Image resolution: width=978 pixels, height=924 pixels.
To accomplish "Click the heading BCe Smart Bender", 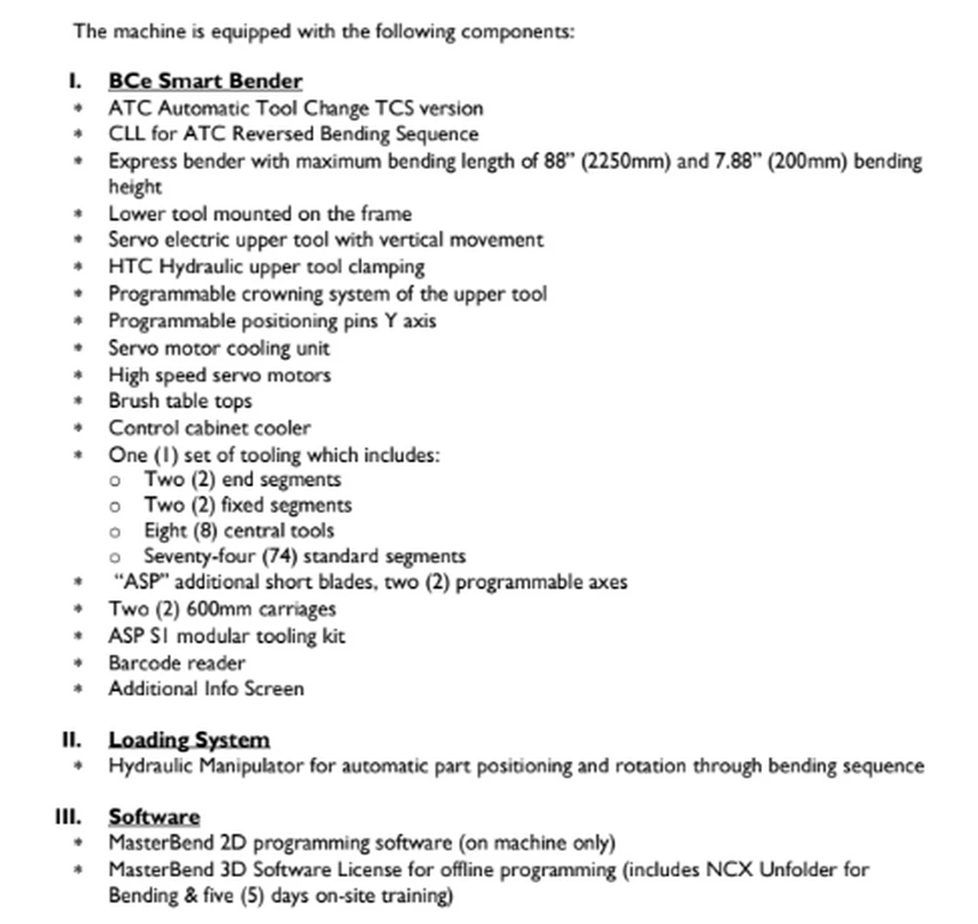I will point(205,81).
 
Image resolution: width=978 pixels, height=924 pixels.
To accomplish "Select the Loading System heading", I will point(188,740).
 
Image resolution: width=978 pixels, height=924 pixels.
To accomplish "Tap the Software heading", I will point(154,816).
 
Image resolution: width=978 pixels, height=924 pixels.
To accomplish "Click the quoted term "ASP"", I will point(136,583).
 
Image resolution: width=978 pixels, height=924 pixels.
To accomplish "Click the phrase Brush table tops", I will point(180,400).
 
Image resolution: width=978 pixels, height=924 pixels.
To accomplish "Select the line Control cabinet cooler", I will point(210,428).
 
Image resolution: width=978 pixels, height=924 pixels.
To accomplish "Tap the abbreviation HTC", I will point(130,267).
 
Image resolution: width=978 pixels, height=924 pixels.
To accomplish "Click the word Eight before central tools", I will point(165,531).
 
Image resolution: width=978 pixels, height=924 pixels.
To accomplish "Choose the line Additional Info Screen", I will point(206,688).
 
